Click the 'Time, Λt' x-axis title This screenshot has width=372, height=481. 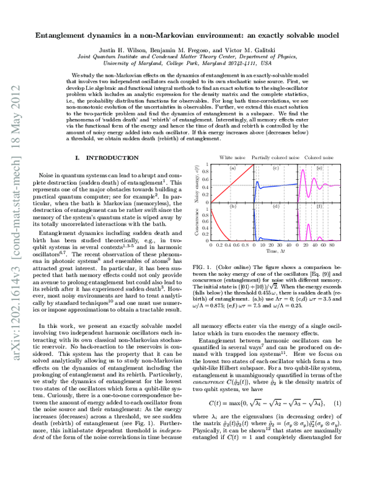pos(271,252)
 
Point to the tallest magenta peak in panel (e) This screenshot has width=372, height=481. pos(301,169)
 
